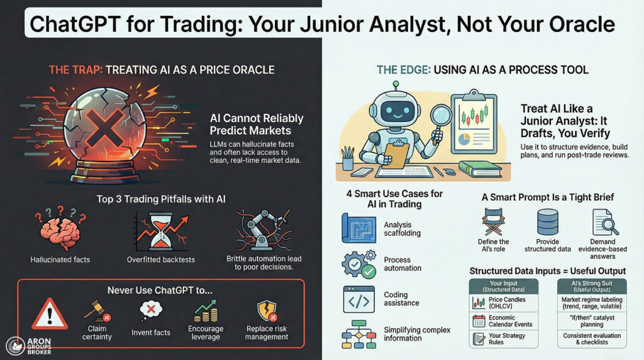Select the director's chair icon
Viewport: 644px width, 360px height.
click(494, 222)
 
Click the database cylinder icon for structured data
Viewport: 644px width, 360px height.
click(547, 222)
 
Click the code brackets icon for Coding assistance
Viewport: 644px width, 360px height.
click(358, 299)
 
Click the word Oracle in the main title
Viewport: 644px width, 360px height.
click(575, 24)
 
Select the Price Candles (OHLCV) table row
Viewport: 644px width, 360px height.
click(504, 302)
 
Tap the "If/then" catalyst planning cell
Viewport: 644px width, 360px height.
click(592, 322)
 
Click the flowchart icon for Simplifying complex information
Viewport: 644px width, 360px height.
click(358, 334)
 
